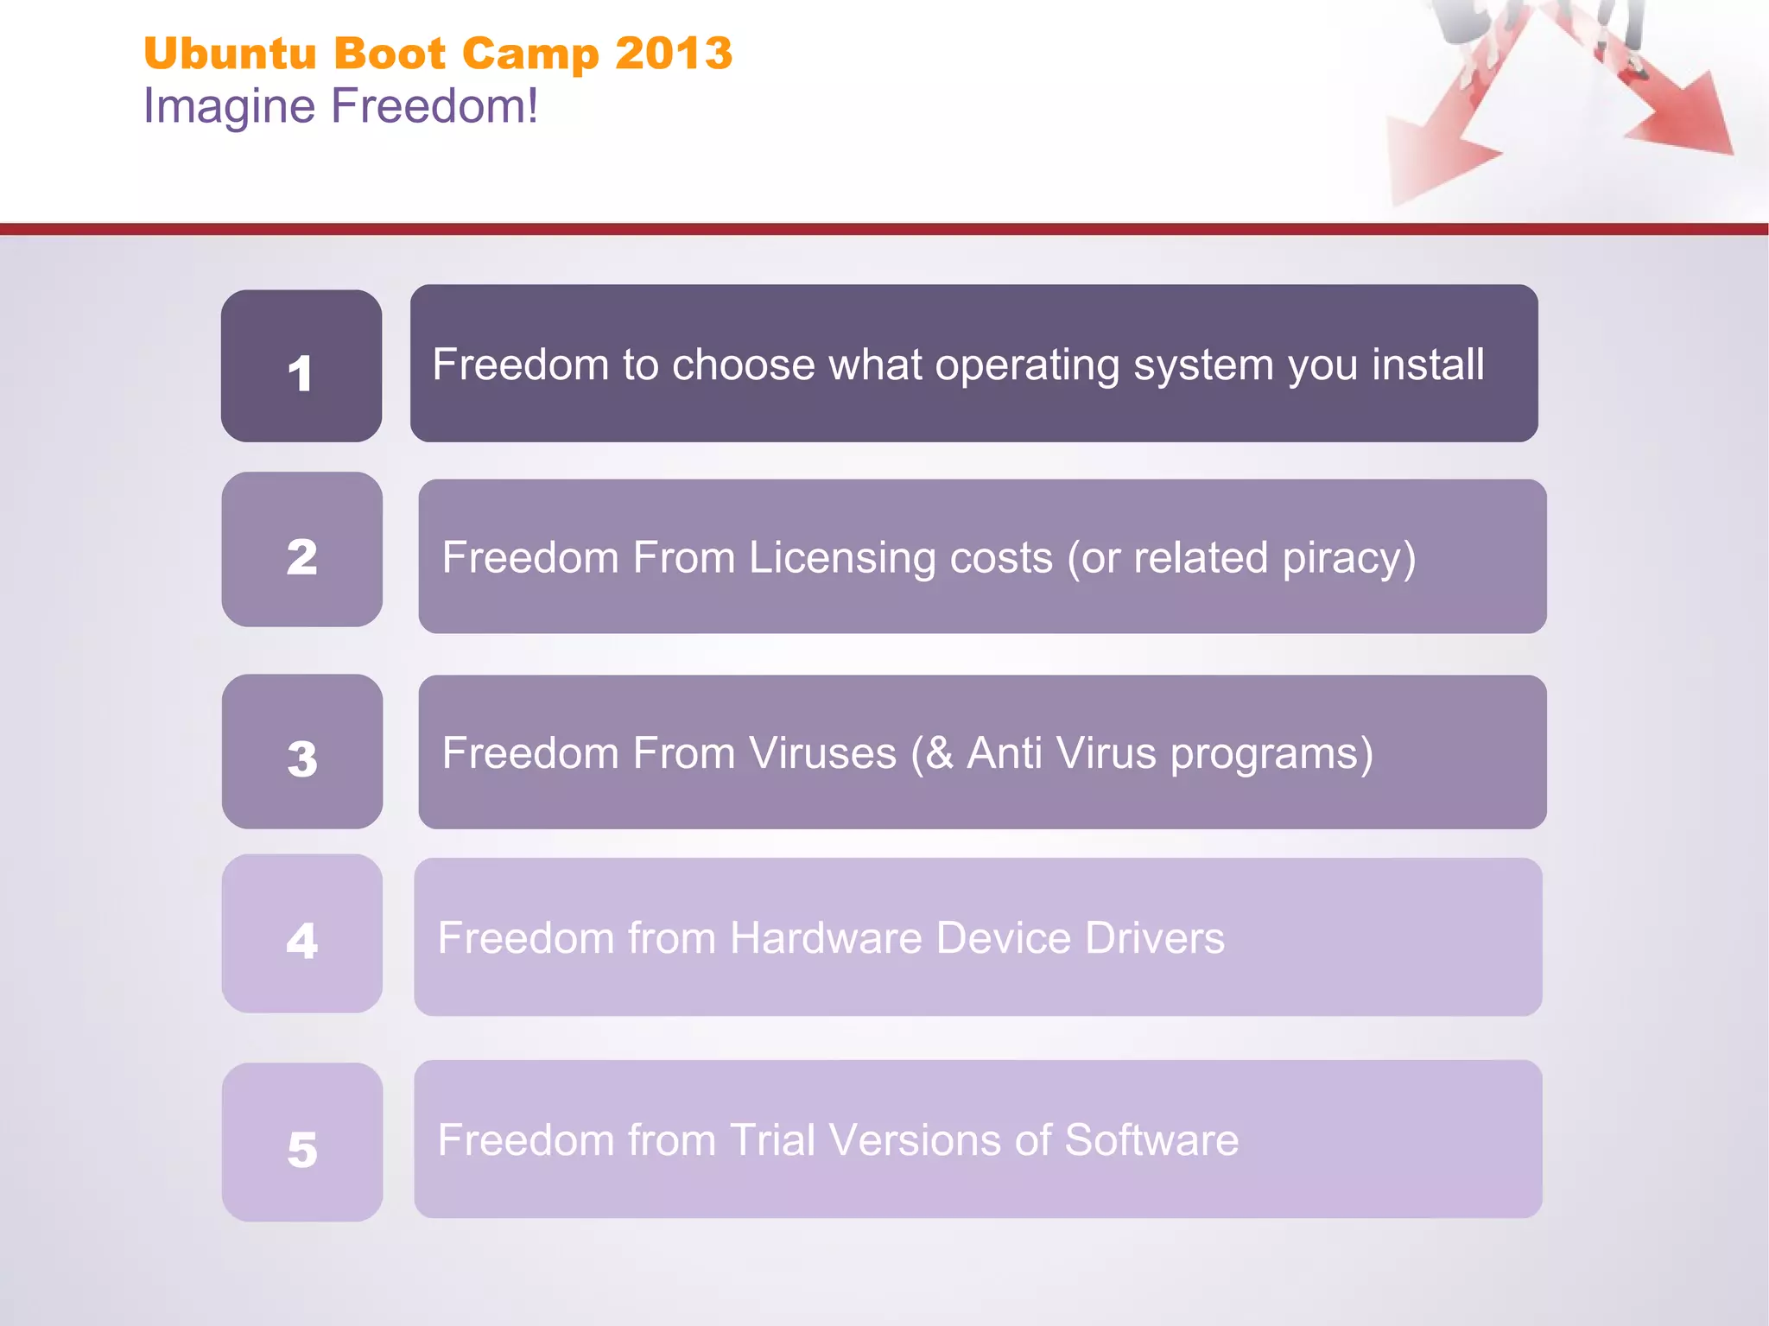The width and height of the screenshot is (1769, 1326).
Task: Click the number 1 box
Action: point(301,366)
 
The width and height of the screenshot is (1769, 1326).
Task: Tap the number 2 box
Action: point(301,550)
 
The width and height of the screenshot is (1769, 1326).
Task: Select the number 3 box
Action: point(301,752)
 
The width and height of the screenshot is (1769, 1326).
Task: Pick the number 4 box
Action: point(301,934)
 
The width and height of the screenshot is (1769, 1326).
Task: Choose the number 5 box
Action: point(301,1142)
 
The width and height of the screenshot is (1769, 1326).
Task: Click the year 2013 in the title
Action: point(674,54)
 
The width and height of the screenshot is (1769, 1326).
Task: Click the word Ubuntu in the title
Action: point(231,54)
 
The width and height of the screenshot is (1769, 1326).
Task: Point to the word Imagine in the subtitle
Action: point(229,107)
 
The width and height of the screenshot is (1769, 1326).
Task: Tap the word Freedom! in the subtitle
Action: point(434,105)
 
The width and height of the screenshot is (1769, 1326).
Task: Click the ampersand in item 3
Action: point(939,753)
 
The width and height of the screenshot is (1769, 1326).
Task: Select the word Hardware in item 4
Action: point(826,938)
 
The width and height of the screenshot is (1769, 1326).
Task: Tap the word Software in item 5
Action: point(1151,1140)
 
